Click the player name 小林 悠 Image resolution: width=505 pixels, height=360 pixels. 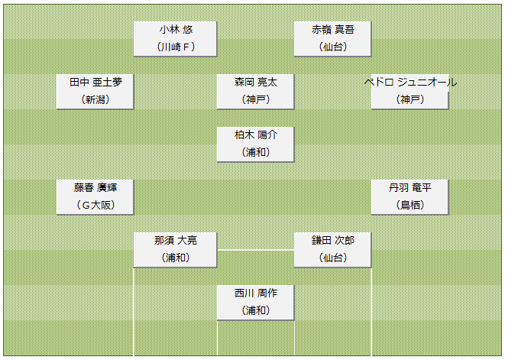176,30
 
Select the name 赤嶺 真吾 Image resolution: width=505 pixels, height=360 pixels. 332,30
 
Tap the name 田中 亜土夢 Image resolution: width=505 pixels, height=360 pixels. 95,83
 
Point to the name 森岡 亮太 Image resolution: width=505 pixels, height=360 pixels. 256,83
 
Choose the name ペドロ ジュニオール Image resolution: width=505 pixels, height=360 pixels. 410,83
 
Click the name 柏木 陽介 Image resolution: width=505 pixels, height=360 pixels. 256,135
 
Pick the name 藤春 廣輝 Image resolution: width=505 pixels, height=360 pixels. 95,188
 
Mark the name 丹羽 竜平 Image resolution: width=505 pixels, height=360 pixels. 410,188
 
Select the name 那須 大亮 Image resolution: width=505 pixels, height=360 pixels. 176,241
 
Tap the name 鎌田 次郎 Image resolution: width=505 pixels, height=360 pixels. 332,241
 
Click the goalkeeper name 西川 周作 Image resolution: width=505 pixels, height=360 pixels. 256,294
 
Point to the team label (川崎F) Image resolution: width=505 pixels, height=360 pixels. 176,47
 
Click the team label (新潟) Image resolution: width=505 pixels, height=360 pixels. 95,99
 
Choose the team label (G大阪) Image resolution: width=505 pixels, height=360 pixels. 95,205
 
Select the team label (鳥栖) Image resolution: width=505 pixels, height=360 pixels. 410,205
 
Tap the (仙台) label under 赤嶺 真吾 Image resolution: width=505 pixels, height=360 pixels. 332,47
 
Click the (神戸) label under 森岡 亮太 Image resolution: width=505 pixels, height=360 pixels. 256,99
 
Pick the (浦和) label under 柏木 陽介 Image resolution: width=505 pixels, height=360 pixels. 256,152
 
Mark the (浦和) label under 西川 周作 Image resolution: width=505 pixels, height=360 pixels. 256,310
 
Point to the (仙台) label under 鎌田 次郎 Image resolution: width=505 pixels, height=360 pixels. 332,258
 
